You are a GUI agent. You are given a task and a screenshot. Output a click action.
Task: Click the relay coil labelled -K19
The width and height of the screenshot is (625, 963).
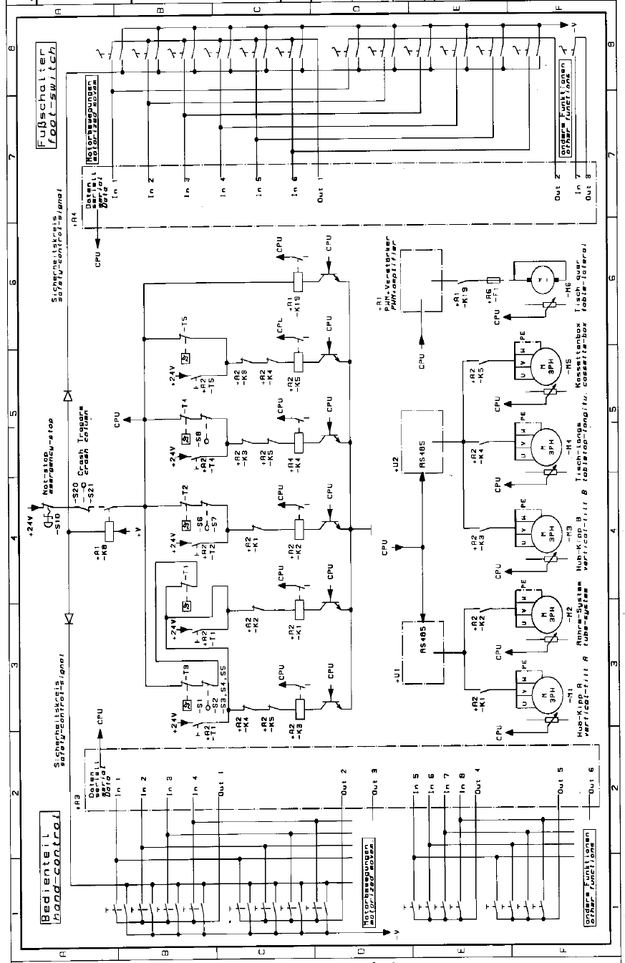297,279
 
